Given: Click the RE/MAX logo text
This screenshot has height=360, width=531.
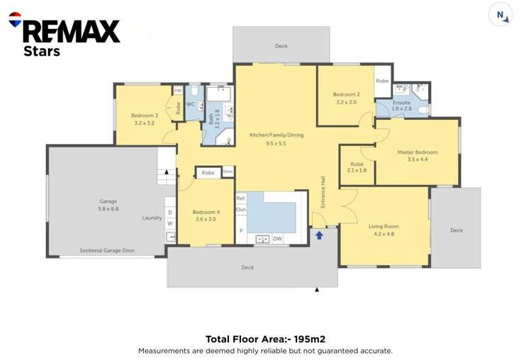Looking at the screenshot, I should click(71, 30).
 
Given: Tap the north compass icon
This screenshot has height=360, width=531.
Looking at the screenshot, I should click(501, 15).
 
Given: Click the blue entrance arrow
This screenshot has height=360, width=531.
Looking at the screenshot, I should click(319, 235).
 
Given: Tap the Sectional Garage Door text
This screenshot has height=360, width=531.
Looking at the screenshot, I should click(106, 250).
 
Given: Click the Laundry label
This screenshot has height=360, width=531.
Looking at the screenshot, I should click(152, 218).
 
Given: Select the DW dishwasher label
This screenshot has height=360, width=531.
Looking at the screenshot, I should click(277, 239).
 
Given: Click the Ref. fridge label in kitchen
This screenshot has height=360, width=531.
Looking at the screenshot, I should click(240, 198).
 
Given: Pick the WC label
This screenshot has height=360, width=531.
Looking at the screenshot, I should click(191, 104).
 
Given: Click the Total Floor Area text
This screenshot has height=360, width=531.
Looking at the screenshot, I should click(265, 339).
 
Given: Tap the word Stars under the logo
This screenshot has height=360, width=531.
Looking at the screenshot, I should click(42, 51).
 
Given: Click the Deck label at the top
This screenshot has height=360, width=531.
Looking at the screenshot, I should click(281, 46).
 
